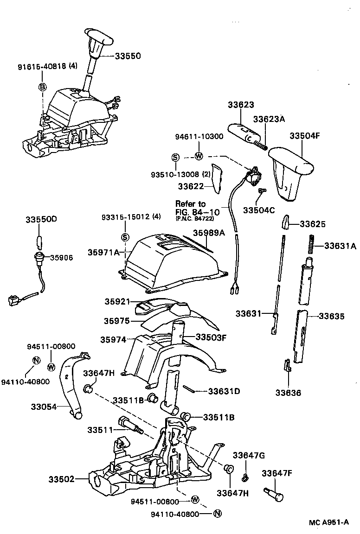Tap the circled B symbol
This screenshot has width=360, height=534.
[x=42, y=87]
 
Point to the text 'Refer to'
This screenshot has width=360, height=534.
[x=190, y=203]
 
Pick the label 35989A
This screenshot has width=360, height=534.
[x=209, y=233]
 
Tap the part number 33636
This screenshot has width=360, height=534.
[x=288, y=393]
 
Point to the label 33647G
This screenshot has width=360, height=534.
[x=249, y=455]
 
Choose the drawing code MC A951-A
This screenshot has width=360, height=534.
[x=329, y=522]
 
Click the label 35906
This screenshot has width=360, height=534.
[x=61, y=257]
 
